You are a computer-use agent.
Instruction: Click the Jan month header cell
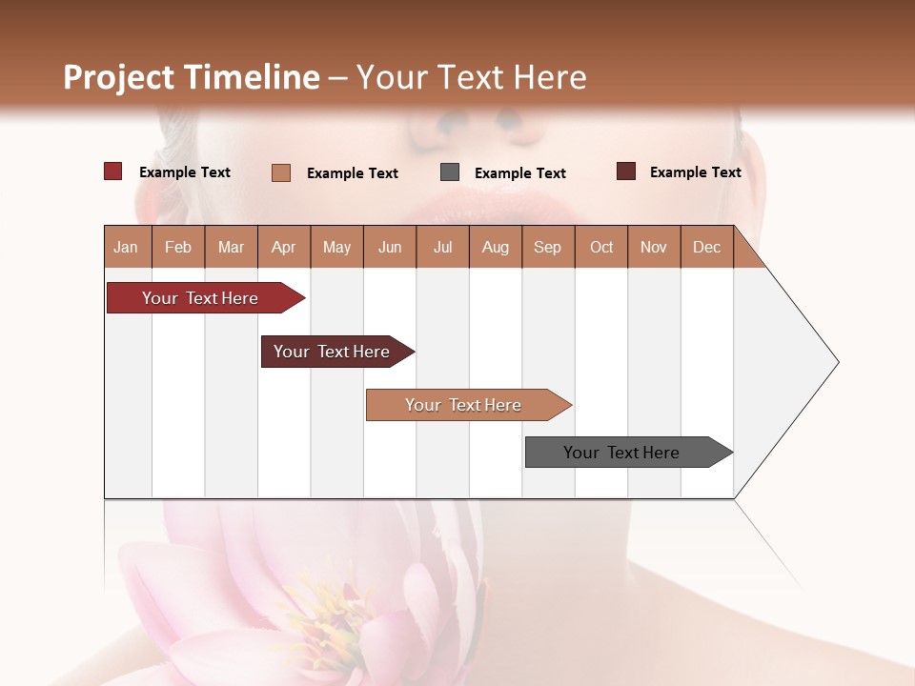pos(127,247)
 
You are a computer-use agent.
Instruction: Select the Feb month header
pos(178,247)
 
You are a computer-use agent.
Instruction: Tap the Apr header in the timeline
pos(284,247)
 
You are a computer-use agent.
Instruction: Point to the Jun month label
pos(390,247)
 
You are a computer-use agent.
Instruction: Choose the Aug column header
pos(496,247)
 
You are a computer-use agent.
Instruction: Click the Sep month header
pos(548,247)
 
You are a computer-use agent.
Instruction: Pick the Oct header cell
pos(601,247)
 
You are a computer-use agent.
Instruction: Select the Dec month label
pos(707,247)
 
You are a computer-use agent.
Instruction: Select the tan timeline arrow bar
pos(464,405)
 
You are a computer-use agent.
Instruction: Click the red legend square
pos(113,171)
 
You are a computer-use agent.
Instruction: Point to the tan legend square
pos(281,172)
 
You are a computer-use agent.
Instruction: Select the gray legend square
pos(450,172)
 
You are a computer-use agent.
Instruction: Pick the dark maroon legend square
pos(626,171)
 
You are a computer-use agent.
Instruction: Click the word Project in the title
pos(119,77)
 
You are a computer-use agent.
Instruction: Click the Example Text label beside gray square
pos(520,173)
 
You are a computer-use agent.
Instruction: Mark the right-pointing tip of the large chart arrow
pos(837,362)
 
